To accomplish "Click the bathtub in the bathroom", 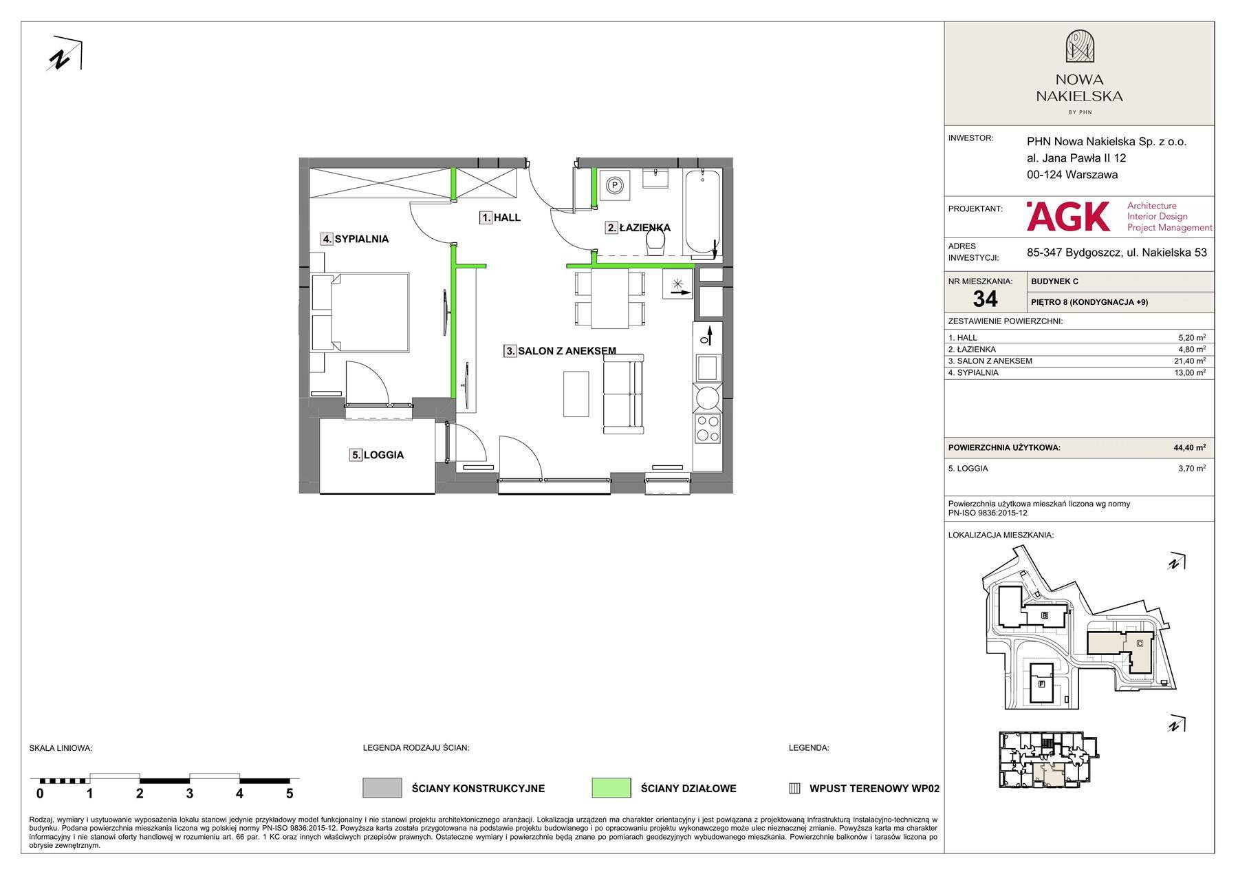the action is tap(702, 211).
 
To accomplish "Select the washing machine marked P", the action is tap(615, 184).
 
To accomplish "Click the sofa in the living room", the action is tap(623, 395).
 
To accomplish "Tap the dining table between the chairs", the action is tap(609, 299).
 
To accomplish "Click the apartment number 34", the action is tap(985, 299).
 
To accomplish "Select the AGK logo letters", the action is tap(1068, 216).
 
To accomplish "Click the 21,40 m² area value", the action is tap(1192, 361).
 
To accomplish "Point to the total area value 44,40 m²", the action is tap(1190, 447).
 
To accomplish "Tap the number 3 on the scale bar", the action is tap(190, 793).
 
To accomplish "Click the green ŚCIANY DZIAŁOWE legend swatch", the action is tap(611, 788).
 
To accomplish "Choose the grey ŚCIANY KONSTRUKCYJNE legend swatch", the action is tap(382, 788).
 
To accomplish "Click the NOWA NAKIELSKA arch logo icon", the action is tap(1080, 47).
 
